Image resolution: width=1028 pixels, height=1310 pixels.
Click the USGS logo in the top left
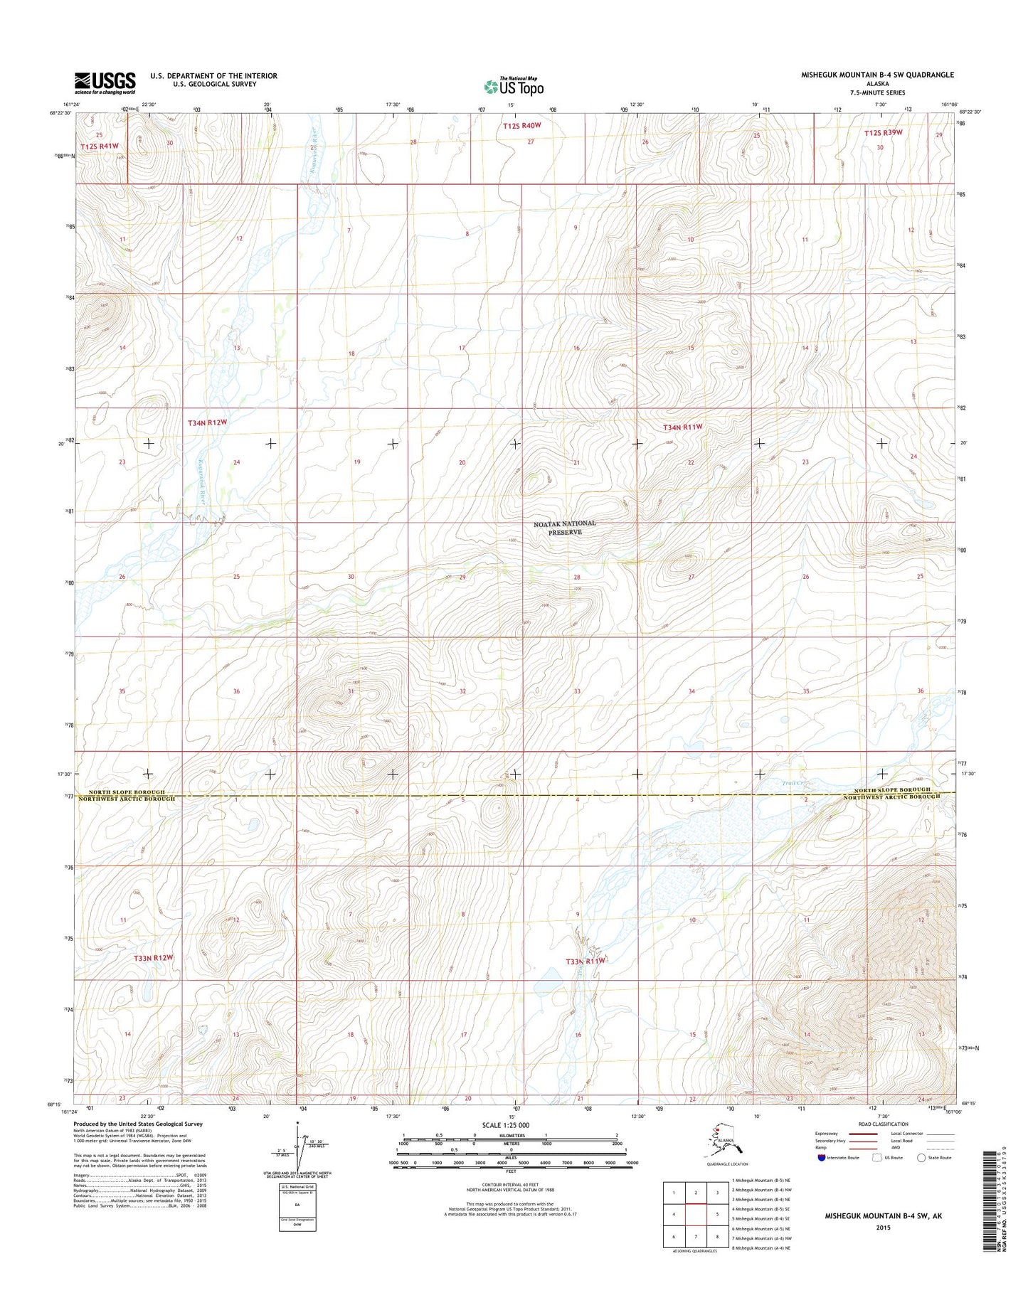coord(105,82)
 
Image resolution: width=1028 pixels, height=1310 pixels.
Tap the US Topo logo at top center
coord(514,86)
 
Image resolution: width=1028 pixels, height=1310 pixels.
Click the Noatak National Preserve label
coord(565,528)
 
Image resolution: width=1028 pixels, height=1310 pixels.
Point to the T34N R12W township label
coord(207,422)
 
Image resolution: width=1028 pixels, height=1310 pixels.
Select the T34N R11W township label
coord(682,427)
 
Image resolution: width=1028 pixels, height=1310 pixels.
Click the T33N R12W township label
coord(154,957)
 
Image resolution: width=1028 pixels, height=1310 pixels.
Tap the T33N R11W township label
coord(585,961)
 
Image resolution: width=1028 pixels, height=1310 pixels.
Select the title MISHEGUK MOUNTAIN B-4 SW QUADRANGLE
coord(877,75)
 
